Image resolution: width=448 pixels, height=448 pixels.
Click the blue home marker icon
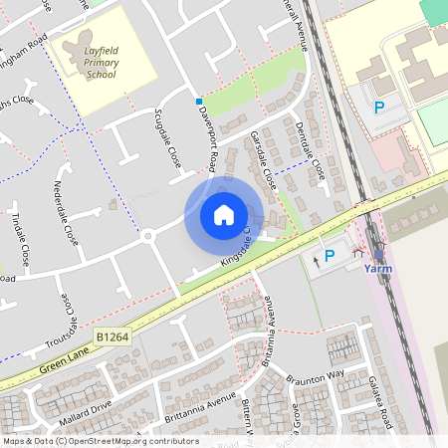pyautogui.click(x=224, y=215)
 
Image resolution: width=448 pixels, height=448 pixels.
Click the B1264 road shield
pyautogui.click(x=114, y=340)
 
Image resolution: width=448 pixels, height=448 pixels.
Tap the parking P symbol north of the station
pyautogui.click(x=378, y=108)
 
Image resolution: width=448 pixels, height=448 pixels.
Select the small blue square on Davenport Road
pyautogui.click(x=199, y=102)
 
